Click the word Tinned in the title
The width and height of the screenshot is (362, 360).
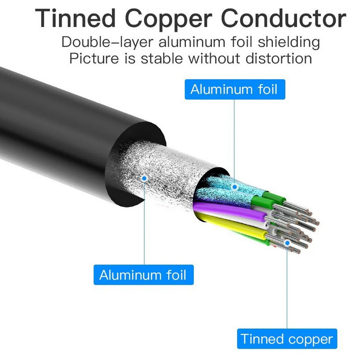point(76,18)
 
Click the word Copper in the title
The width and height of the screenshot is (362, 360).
point(169,20)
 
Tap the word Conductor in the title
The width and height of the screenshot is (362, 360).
point(284,18)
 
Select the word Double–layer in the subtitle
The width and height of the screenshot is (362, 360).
point(107,43)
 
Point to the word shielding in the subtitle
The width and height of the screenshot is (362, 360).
point(289,43)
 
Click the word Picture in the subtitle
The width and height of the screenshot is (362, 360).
point(94,58)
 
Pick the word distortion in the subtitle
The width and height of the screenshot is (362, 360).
point(279,58)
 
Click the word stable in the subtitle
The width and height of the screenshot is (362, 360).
point(161,58)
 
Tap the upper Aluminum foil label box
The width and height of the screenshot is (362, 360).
point(235,89)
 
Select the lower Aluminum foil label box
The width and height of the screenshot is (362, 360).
point(144,275)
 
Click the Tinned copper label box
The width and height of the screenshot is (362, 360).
point(287,339)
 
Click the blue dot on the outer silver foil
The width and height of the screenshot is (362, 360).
point(144,178)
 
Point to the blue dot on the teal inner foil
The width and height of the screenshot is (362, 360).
point(234,187)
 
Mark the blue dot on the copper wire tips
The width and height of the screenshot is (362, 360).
point(287,243)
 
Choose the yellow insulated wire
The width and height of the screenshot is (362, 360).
point(233,225)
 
